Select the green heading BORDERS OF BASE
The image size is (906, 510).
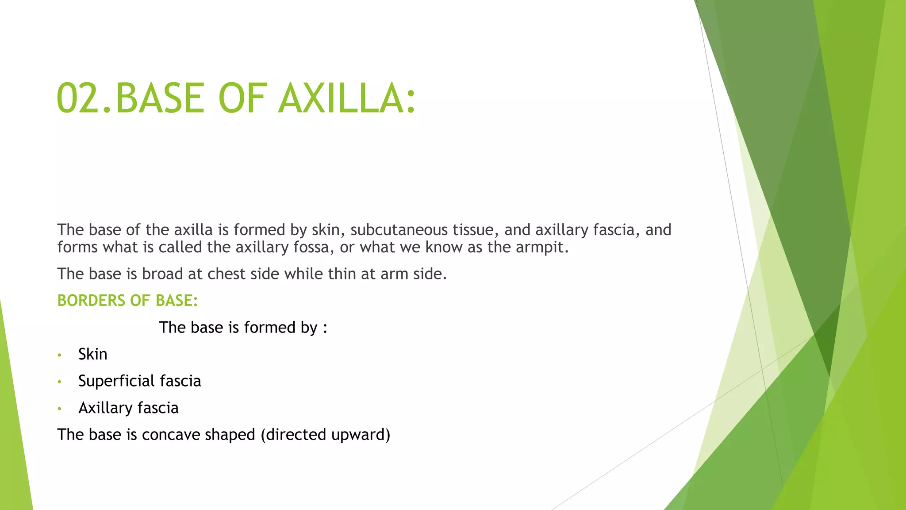pyautogui.click(x=127, y=301)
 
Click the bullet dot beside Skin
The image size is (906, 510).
pyautogui.click(x=59, y=355)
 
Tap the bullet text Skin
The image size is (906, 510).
pyautogui.click(x=92, y=355)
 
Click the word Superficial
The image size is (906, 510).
pyautogui.click(x=116, y=381)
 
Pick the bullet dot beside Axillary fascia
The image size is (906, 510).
pyautogui.click(x=59, y=409)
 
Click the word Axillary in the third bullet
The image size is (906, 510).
pyautogui.click(x=105, y=408)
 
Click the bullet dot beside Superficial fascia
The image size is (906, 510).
pyautogui.click(x=59, y=382)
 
